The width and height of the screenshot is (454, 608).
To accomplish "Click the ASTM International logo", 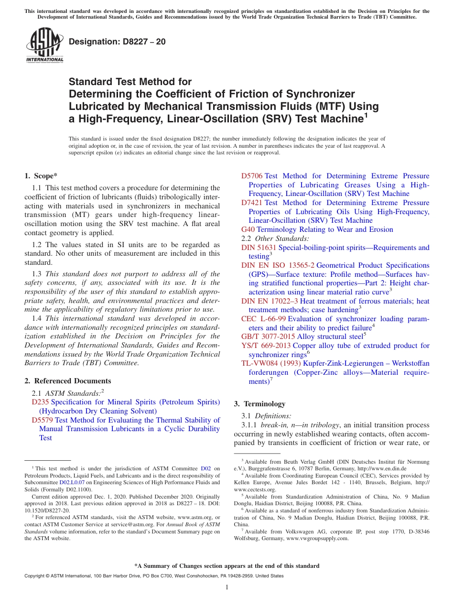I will click(44, 45).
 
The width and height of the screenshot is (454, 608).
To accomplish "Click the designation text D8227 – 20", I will click(118, 42).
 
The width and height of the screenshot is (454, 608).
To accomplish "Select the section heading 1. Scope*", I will click(41, 176).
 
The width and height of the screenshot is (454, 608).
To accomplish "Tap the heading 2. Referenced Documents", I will click(68, 381).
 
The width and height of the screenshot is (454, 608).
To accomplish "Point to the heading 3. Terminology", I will click(259, 404).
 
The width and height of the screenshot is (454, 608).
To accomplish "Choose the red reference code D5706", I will click(252, 176).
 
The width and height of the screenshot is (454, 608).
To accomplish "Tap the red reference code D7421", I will click(252, 203).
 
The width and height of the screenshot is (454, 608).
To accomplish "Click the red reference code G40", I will click(248, 229).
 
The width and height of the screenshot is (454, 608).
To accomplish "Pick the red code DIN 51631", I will click(259, 248).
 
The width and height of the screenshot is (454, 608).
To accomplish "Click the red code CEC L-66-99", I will click(263, 319).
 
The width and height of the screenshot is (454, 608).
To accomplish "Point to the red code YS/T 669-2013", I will click(266, 346).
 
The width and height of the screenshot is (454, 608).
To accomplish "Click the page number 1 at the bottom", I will click(227, 587).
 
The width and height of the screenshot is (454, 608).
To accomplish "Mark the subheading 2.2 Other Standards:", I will click(275, 239).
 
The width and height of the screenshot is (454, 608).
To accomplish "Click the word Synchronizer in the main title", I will click(321, 94).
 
